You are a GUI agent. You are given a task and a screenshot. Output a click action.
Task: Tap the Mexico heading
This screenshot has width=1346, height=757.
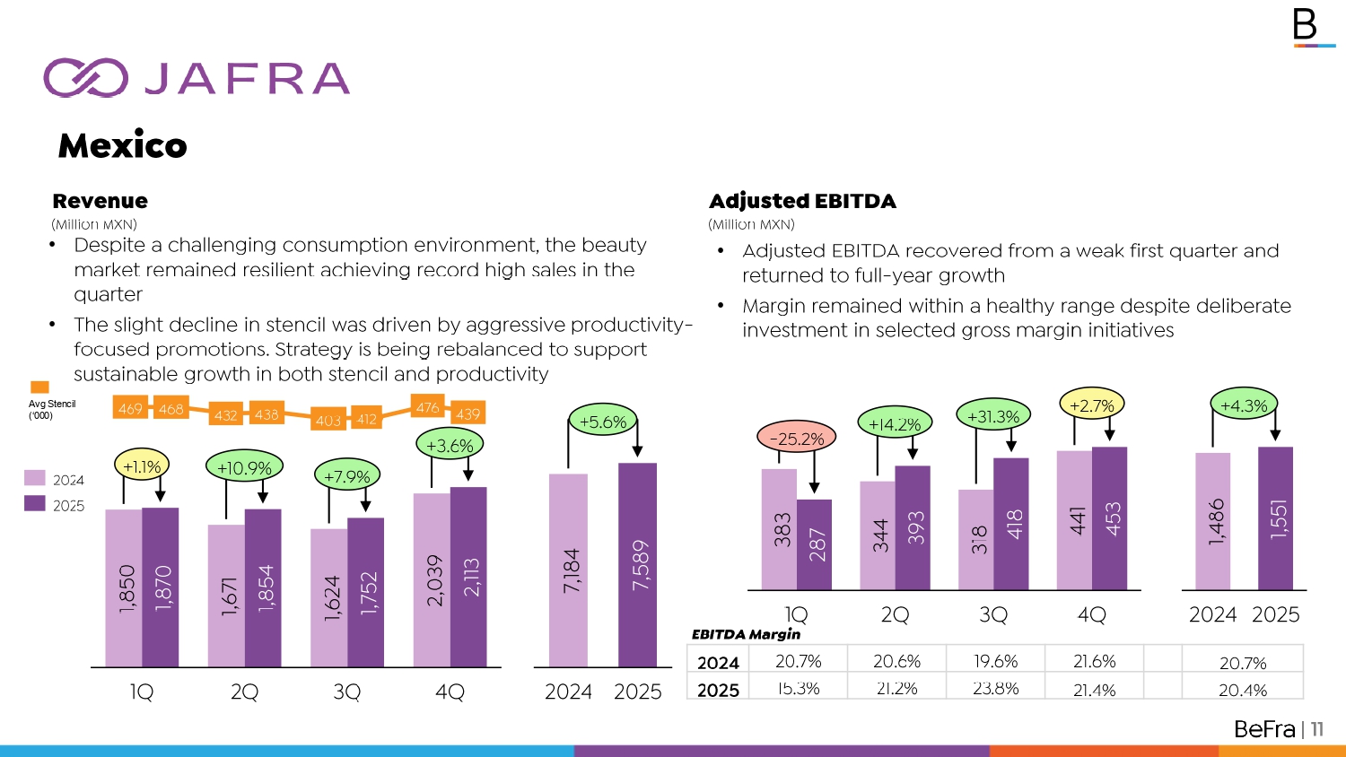point(122,145)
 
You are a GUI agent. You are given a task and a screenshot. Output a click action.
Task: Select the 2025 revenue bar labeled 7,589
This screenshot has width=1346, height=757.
point(637,564)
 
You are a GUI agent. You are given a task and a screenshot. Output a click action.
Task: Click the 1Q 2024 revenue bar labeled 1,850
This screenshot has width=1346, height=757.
point(124,587)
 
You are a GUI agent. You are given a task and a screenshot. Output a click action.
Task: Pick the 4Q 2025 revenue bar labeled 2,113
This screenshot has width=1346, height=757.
point(468,577)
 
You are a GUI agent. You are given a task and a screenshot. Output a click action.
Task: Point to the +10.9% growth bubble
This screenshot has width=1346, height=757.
point(244,467)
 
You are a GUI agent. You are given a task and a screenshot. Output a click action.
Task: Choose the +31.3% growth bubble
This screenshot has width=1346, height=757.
point(993,416)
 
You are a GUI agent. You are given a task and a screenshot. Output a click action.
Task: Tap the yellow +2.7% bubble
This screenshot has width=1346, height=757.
point(1092,405)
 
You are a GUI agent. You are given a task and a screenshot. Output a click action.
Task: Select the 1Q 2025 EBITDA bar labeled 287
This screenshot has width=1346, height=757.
point(815,544)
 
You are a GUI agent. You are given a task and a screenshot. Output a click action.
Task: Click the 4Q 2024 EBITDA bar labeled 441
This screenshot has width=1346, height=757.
point(1075,520)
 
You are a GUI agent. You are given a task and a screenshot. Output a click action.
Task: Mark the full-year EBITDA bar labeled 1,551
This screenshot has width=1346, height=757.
point(1276,518)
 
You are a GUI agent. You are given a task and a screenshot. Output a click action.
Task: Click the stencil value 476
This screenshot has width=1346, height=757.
point(428,407)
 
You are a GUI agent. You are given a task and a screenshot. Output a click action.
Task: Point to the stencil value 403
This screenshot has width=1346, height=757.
point(328,420)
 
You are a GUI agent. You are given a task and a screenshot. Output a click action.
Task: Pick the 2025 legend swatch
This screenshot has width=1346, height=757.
point(35,504)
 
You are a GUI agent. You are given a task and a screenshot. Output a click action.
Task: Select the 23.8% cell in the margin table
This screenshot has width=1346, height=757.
point(995,689)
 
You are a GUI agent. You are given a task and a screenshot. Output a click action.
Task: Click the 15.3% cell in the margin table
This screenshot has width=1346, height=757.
point(799,689)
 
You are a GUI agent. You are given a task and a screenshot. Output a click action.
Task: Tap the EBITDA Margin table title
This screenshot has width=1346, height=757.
point(746,634)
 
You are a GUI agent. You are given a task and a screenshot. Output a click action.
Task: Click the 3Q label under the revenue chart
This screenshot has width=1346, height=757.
point(346,692)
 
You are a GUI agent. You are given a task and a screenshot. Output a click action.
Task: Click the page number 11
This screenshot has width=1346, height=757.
point(1317,729)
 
